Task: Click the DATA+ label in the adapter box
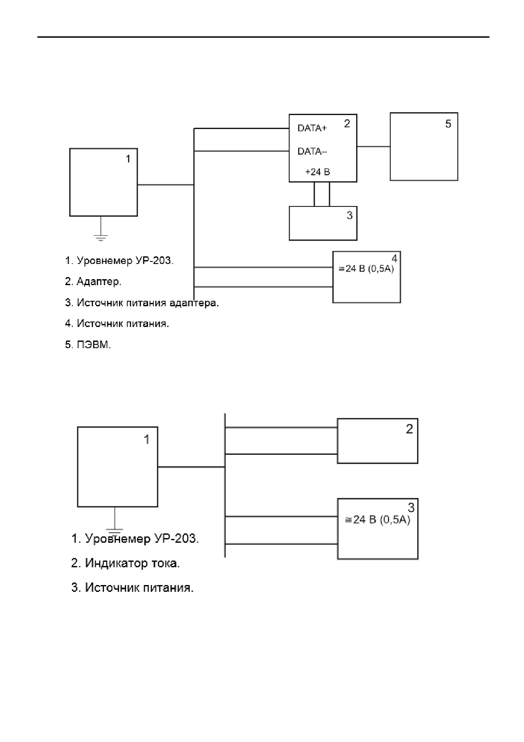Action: pyautogui.click(x=312, y=128)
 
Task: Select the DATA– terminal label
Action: pyautogui.click(x=312, y=151)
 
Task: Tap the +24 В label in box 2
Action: pyautogui.click(x=318, y=172)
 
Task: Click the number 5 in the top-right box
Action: pyautogui.click(x=448, y=124)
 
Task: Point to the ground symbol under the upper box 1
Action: pyautogui.click(x=100, y=237)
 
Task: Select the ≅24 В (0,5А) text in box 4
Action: pyautogui.click(x=366, y=269)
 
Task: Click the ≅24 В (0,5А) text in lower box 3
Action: pyautogui.click(x=378, y=519)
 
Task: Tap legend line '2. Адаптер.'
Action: pyautogui.click(x=93, y=281)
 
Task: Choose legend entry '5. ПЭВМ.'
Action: pyautogui.click(x=88, y=345)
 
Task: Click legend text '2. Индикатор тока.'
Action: pyautogui.click(x=126, y=563)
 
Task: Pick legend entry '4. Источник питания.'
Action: pyautogui.click(x=117, y=324)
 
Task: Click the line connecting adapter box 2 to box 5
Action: pyautogui.click(x=373, y=146)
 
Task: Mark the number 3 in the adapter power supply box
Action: pyautogui.click(x=349, y=215)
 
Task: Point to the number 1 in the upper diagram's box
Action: pyautogui.click(x=128, y=159)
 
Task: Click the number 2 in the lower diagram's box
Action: pyautogui.click(x=409, y=429)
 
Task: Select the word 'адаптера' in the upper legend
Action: pyautogui.click(x=194, y=303)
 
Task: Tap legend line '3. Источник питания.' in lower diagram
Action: pyautogui.click(x=132, y=588)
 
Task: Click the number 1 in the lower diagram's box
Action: pyautogui.click(x=147, y=440)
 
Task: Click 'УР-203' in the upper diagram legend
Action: pyautogui.click(x=154, y=261)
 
